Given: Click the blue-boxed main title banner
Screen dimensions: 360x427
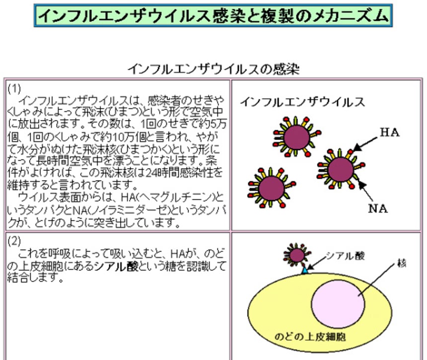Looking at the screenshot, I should [213, 16].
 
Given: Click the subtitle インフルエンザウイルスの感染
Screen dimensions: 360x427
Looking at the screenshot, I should [213, 69].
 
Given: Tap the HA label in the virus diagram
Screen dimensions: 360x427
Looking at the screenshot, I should [390, 133].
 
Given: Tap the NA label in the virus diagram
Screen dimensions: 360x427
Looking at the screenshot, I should [378, 208].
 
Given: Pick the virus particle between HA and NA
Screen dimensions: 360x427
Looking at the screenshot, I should [341, 169].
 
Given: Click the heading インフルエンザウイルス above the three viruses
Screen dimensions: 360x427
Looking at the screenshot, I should [303, 103].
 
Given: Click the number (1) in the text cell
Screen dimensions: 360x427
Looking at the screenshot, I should [14, 89].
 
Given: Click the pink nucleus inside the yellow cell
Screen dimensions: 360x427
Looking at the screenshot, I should [338, 297].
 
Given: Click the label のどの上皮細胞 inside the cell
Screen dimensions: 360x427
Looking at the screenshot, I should [310, 337].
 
